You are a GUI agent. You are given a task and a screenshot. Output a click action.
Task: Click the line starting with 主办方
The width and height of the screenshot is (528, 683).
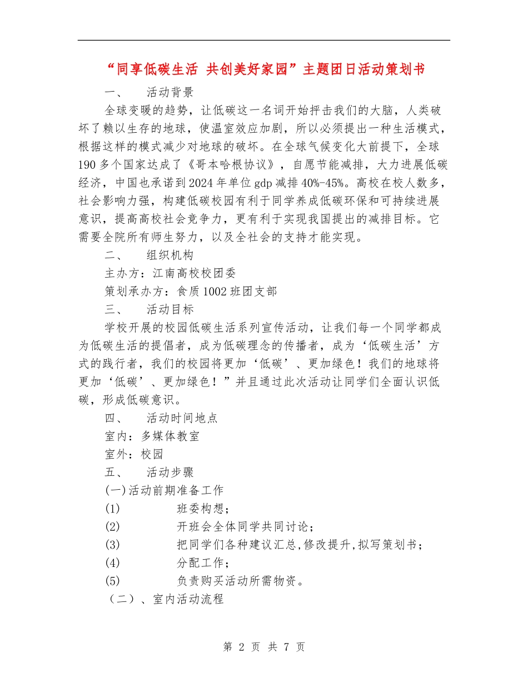coord(170,273)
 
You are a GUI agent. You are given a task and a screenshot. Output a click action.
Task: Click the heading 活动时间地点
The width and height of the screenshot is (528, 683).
coord(181,418)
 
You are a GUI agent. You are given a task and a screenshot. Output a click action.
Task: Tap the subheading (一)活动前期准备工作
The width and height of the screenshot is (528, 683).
coord(164,490)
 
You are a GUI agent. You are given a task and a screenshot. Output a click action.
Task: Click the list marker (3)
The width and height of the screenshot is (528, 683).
coord(112,545)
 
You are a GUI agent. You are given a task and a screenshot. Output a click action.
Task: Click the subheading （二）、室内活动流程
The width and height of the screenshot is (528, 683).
coord(164,599)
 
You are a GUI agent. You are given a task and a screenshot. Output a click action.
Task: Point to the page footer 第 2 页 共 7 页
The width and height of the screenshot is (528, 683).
coord(264,647)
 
